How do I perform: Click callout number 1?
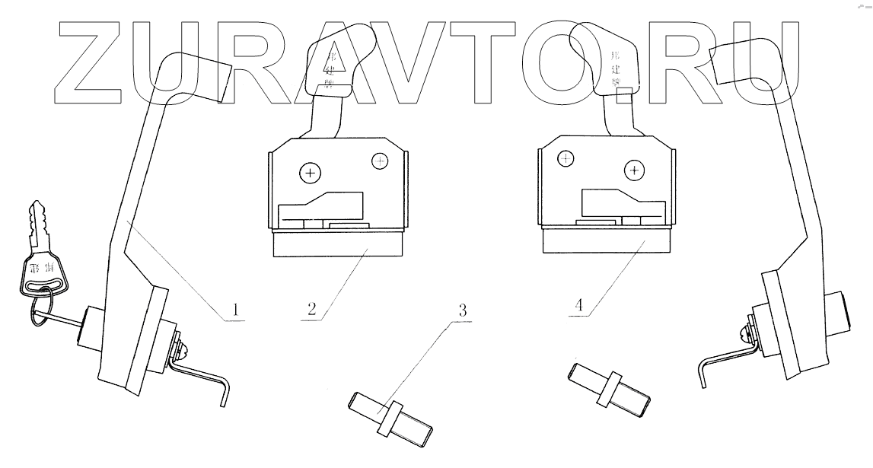pos(236,310)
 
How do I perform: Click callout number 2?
pos(311,310)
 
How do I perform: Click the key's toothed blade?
pos(39,224)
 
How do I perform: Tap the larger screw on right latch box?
pos(635,170)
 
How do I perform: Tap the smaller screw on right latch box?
pos(566,158)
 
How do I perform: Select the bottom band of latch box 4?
pos(607,241)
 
